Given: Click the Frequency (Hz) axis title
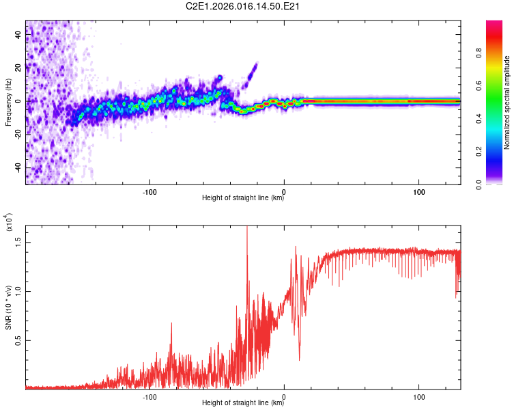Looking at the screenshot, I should coord(8,101).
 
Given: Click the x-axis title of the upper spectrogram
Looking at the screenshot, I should coord(243,198).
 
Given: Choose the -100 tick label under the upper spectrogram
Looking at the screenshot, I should coord(150,191).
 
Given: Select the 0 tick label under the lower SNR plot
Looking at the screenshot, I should coord(284,396).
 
